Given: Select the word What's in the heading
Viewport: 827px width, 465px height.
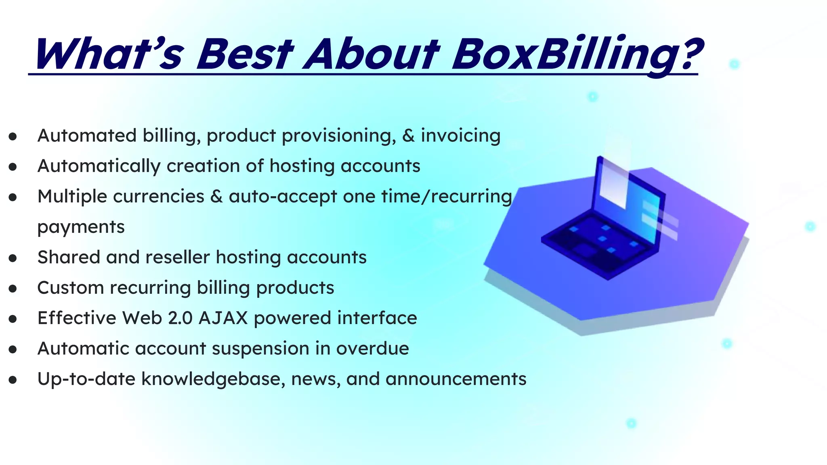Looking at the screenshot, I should tap(109, 54).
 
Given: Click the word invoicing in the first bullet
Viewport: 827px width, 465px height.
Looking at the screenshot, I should tap(461, 136).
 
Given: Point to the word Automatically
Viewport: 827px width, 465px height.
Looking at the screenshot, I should tap(99, 166).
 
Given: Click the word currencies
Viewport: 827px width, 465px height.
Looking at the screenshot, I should tap(159, 197).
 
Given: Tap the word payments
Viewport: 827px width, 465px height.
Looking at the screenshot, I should tap(81, 227).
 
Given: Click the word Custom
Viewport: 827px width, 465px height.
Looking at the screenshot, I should tap(71, 288).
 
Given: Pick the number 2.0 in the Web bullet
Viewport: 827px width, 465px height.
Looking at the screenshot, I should tap(180, 318).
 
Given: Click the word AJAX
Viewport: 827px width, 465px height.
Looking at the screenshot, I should tap(223, 318).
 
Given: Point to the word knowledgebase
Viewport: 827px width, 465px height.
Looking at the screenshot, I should tap(213, 379).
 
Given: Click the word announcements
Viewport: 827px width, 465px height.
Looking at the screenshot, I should tap(456, 379).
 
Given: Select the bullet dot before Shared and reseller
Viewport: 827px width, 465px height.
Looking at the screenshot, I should tap(13, 258).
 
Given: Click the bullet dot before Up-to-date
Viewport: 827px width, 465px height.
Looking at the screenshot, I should tap(13, 380).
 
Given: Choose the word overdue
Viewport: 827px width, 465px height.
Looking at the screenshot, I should tap(373, 349).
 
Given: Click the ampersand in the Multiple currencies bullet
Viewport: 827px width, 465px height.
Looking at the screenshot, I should tap(216, 197).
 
